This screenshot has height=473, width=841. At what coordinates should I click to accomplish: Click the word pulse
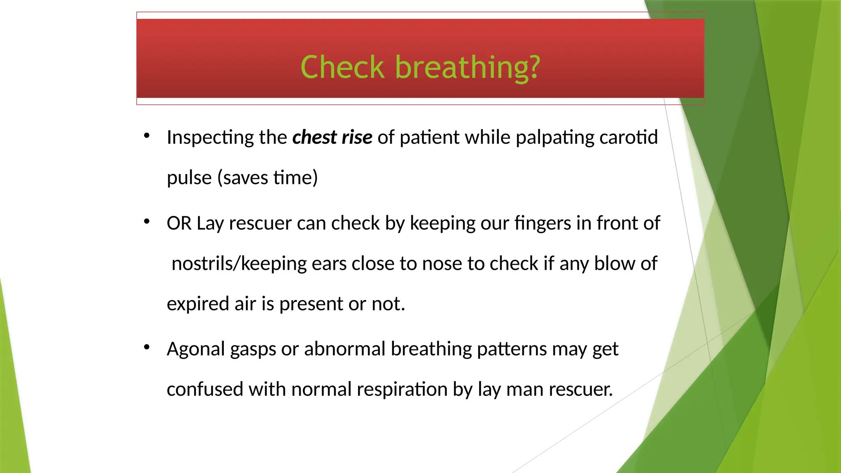pyautogui.click(x=189, y=178)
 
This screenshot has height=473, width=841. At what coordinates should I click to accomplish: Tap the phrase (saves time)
pyautogui.click(x=267, y=178)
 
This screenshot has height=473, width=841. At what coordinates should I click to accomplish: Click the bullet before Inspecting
pyautogui.click(x=147, y=136)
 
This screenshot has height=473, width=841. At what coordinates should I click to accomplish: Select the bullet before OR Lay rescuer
pyautogui.click(x=147, y=222)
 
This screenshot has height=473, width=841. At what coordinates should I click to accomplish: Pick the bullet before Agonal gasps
pyautogui.click(x=147, y=348)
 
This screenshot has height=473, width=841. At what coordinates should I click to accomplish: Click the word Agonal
pyautogui.click(x=196, y=349)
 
